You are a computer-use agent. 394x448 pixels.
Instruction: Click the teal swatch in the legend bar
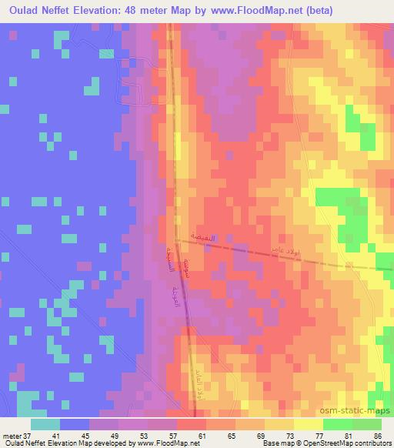coord(45,424)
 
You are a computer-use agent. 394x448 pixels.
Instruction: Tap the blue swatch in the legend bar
coord(75,424)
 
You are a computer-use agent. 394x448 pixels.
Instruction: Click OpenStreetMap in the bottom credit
coord(322,443)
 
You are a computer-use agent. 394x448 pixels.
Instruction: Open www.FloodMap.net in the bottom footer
coord(159,443)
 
